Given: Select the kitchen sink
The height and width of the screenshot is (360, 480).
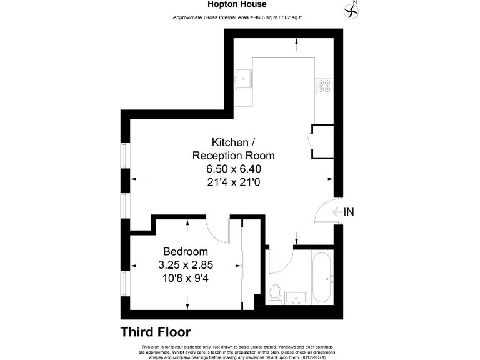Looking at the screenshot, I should (244, 79).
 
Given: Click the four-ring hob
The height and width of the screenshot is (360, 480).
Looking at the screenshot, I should (324, 85).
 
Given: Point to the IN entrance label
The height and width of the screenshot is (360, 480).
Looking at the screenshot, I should (349, 212).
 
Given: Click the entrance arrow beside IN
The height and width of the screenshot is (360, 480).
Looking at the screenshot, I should (337, 212).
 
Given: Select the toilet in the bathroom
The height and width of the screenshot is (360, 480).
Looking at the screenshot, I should (275, 292).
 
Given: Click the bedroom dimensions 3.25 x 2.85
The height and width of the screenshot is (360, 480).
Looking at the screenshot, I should (186, 265).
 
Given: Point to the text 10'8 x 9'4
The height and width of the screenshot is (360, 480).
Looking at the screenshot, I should (186, 278).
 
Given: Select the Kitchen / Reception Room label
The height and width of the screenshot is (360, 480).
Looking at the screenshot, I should (233, 149).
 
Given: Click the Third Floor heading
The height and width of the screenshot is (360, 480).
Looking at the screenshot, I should (155, 332).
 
